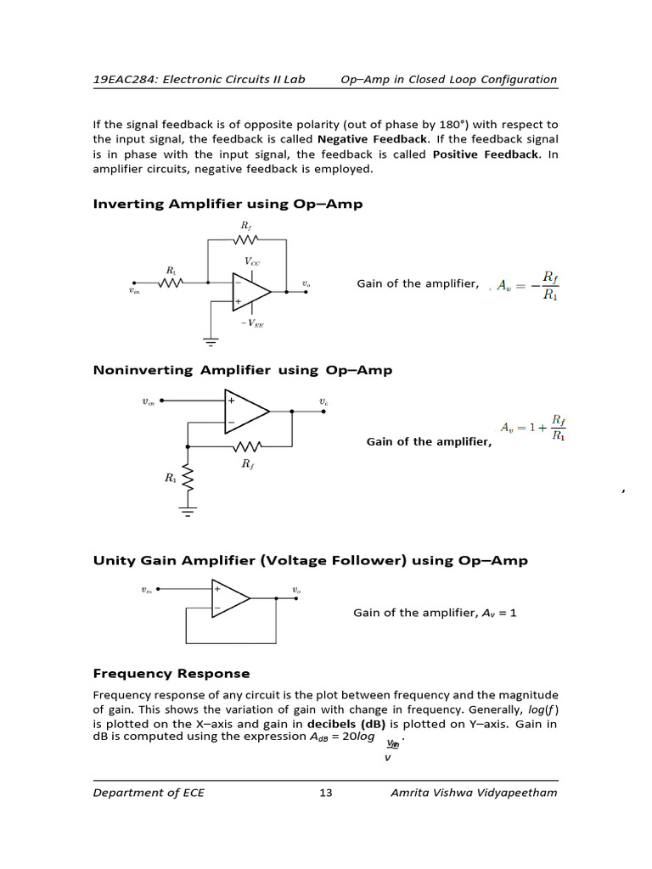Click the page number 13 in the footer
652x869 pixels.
click(326, 793)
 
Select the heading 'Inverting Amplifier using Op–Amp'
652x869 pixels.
click(228, 204)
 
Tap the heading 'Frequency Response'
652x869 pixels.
click(171, 673)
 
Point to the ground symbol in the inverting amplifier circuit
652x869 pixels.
click(210, 340)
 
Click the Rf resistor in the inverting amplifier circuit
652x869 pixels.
click(246, 238)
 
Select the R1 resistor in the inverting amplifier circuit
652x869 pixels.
click(171, 283)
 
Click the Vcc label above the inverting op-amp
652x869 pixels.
click(253, 262)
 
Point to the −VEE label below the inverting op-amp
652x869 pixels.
click(252, 323)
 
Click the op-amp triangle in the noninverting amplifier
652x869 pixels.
click(245, 411)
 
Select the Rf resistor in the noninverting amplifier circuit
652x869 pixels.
click(247, 446)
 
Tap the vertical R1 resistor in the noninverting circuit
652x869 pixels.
click(188, 479)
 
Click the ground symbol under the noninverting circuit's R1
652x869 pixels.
click(188, 511)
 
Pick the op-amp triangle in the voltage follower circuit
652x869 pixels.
click(229, 598)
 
